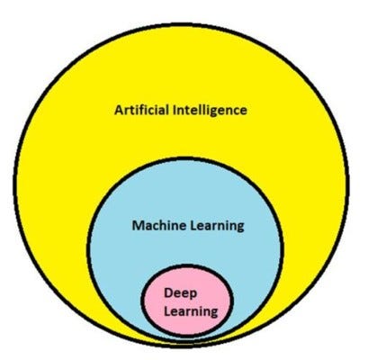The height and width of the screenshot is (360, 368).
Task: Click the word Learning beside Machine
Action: [x=214, y=226]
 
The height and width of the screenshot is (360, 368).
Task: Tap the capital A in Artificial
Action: [x=119, y=110]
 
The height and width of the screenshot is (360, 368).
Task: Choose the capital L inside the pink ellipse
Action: [x=168, y=311]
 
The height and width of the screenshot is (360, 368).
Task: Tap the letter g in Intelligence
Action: [x=221, y=112]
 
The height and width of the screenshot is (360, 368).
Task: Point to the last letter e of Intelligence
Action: [x=244, y=111]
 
